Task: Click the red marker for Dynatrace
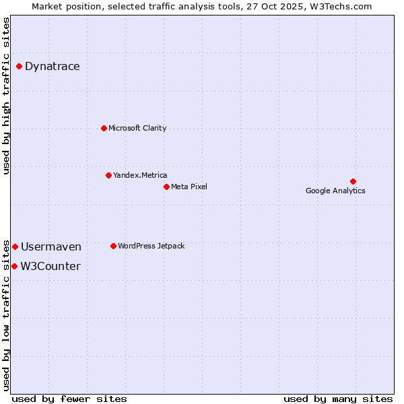coord(19,66)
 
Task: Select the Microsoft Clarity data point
coord(104,128)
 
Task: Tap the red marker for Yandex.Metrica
coord(108,175)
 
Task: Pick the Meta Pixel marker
coord(166,187)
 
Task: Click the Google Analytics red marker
coord(353,181)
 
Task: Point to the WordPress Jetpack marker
coord(113,246)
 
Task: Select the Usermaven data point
coord(15,247)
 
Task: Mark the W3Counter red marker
coord(14,266)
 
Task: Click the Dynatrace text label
coord(52,66)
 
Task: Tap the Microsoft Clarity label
coord(137,128)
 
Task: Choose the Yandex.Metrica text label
coord(140,175)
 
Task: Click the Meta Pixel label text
coord(189,187)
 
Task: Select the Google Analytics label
coord(335,191)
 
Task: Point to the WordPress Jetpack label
coord(151,246)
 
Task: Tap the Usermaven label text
coord(50,247)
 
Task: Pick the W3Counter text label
coord(50,266)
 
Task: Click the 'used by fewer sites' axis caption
coord(69,399)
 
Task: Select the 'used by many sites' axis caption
coord(338,399)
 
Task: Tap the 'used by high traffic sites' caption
coord(7,96)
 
